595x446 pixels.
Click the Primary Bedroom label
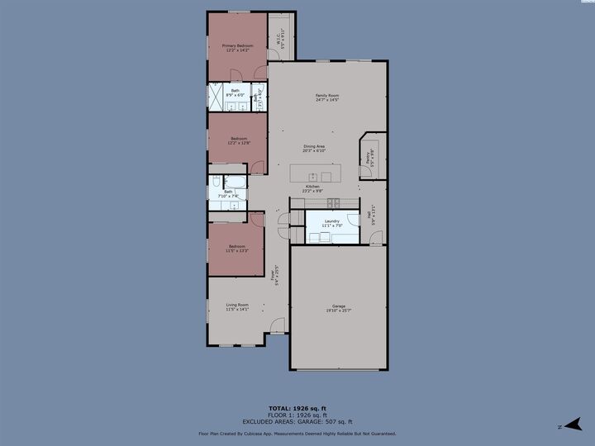(237, 45)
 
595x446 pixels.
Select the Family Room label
(327, 96)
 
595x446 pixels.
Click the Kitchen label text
(312, 187)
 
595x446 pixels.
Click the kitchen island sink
(314, 176)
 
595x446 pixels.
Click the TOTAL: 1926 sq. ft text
(297, 408)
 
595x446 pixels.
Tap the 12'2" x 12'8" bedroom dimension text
(238, 143)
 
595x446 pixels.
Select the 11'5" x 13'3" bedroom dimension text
(237, 250)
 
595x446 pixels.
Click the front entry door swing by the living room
(276, 325)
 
